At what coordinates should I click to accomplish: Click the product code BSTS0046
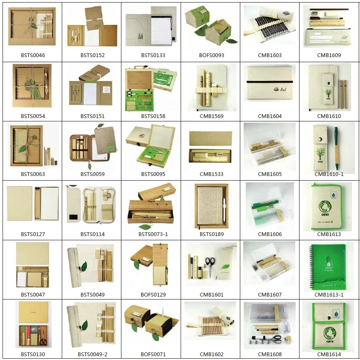click(33, 55)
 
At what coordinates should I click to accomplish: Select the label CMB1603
click(269, 55)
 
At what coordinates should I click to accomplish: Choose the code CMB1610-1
click(329, 174)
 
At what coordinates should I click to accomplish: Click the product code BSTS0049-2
click(92, 355)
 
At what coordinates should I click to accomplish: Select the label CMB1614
click(329, 355)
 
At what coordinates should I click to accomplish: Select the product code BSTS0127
click(33, 234)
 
